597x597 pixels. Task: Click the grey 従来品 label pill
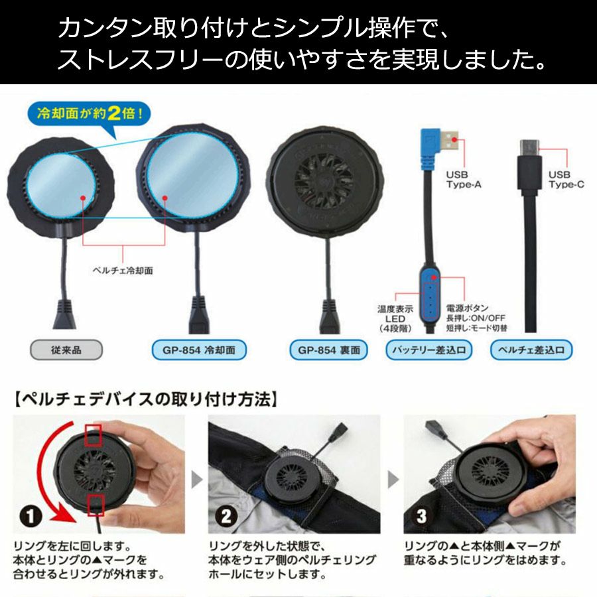coord(66,350)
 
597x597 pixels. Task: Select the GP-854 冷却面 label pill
coord(199,350)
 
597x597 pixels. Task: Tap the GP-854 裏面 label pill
coord(328,350)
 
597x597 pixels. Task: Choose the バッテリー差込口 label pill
coord(429,350)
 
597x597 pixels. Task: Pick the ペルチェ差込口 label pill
coord(531,350)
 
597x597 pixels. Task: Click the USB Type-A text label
coord(464,179)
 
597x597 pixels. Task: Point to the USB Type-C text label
coord(566,179)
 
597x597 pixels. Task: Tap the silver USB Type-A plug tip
coord(450,141)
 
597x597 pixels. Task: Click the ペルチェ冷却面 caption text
coord(123,271)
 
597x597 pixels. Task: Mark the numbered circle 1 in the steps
coord(31,516)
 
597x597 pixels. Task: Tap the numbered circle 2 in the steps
coord(226,516)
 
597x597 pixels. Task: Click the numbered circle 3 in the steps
coord(421,516)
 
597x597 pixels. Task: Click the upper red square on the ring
coord(93,434)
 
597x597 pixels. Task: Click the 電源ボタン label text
coord(467,308)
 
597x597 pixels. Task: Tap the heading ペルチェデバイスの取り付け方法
coord(146,399)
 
